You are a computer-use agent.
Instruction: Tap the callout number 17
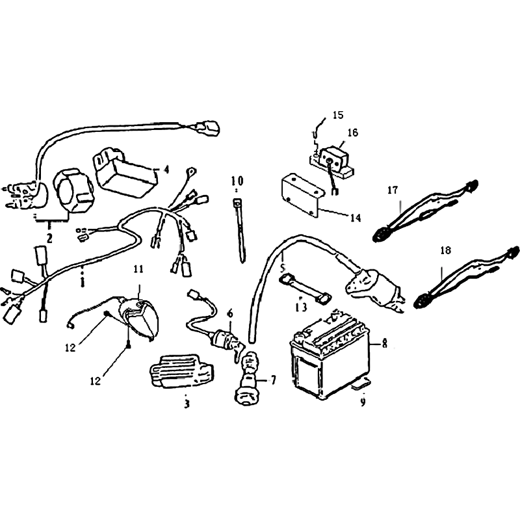[x=393, y=190]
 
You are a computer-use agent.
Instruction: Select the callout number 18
[x=445, y=250]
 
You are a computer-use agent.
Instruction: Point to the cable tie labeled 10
[x=240, y=231]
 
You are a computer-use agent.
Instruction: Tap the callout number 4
[x=166, y=170]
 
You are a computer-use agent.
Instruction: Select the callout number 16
[x=352, y=133]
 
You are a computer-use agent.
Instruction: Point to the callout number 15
[x=338, y=115]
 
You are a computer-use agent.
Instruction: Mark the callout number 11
[x=138, y=268]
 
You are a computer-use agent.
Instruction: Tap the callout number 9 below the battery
[x=363, y=402]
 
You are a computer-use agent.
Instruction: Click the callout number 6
[x=230, y=313]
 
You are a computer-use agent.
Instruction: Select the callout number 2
[x=49, y=238]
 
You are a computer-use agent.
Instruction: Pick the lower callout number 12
[x=95, y=381]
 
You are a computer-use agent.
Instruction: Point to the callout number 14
[x=355, y=218]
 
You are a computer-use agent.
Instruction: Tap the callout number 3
[x=187, y=404]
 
